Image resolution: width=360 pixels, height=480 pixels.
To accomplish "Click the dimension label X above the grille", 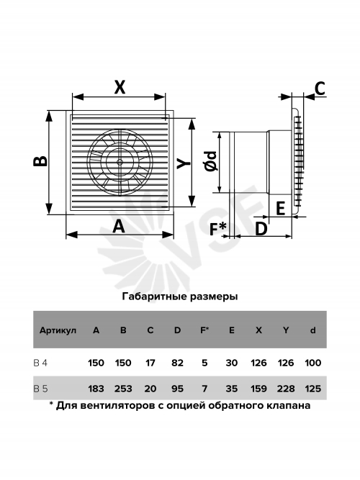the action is click(x=120, y=86).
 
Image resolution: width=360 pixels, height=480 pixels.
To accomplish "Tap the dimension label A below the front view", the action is click(x=119, y=227).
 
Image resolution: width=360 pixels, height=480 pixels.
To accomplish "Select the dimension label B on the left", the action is click(x=40, y=161).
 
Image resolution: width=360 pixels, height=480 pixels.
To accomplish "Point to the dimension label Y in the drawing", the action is click(x=184, y=163).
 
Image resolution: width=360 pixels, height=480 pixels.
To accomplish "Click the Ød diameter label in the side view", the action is click(x=211, y=160).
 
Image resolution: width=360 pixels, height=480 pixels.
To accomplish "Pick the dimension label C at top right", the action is click(x=320, y=89).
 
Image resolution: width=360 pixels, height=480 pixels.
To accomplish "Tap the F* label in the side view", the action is click(x=218, y=229).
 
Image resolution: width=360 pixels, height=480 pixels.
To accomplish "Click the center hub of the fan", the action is click(x=120, y=162).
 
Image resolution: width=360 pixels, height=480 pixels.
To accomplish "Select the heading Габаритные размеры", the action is click(x=180, y=296).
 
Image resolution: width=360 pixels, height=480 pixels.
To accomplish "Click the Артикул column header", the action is click(x=58, y=330).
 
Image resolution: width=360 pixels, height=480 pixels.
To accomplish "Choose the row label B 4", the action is click(x=40, y=363).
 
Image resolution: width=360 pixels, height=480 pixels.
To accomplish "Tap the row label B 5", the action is click(x=40, y=389).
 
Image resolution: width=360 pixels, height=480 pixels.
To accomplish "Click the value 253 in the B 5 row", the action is click(x=123, y=389).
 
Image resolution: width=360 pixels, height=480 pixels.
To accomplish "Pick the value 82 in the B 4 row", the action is click(x=177, y=363).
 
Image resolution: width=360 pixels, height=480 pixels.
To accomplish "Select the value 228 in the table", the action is click(x=286, y=389).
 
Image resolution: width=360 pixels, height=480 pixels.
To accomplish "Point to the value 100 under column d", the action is click(x=312, y=363).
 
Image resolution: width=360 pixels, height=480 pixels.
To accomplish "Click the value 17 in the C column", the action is click(x=150, y=363).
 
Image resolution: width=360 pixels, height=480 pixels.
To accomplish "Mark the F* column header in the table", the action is click(x=204, y=330).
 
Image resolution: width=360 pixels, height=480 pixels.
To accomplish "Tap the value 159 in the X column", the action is click(x=258, y=389).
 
